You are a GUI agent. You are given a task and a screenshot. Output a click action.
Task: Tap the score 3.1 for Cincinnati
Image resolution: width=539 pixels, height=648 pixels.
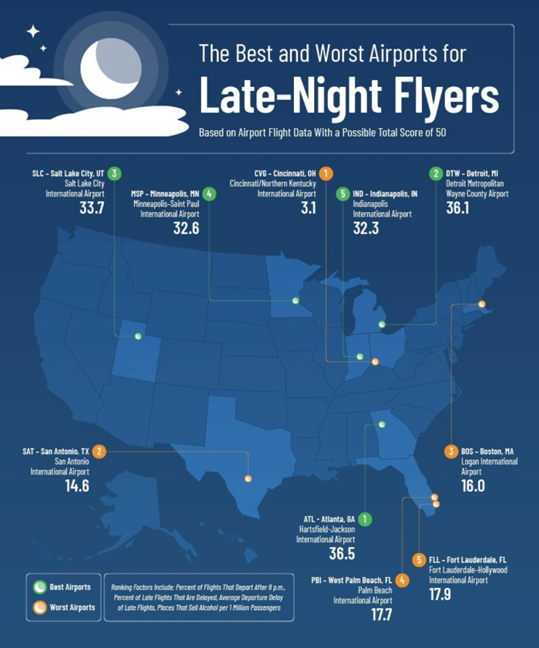point(309,207)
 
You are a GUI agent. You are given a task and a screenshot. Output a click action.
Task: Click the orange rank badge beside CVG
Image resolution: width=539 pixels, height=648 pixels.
point(326,173)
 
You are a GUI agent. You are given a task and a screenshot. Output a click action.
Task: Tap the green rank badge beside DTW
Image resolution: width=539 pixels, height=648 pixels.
point(436,173)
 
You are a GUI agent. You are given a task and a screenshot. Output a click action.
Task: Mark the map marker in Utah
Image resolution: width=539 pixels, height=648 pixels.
point(138,336)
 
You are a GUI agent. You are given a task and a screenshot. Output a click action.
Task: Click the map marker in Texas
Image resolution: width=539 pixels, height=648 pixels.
point(248,478)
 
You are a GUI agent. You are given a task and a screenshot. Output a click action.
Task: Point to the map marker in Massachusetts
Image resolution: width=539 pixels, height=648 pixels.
point(483,304)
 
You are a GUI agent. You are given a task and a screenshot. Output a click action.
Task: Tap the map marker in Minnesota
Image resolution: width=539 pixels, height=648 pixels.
point(296,300)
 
